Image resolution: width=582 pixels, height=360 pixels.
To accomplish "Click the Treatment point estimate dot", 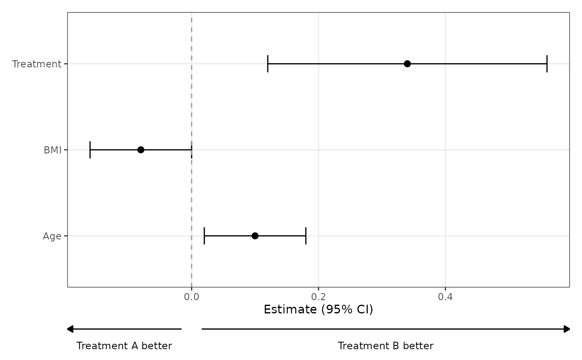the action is [x=407, y=64].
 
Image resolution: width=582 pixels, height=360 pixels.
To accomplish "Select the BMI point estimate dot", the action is [x=141, y=150].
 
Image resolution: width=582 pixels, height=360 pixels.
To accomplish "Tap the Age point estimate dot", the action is [x=255, y=236].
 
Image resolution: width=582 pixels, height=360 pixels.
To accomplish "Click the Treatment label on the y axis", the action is [x=37, y=64].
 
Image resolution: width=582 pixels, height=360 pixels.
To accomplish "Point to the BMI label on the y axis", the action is [x=52, y=150].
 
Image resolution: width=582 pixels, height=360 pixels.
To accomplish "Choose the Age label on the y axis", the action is [x=52, y=237].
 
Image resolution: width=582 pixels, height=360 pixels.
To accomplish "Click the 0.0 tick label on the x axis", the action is [x=192, y=297].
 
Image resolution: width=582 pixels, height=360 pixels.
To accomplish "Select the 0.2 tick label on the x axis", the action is [x=318, y=297].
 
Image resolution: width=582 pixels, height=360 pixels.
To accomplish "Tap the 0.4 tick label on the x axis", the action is [x=445, y=297].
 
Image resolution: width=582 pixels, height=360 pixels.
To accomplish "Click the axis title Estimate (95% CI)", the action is [x=318, y=310].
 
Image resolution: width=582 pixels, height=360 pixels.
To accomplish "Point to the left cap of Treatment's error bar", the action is [x=268, y=64].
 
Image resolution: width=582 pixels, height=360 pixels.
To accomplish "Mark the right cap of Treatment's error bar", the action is [x=547, y=64].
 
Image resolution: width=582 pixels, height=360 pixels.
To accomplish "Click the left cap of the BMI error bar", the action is [x=90, y=150].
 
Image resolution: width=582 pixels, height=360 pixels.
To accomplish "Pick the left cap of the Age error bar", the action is [x=204, y=236].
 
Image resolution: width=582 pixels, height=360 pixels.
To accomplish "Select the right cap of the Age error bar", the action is [x=306, y=236].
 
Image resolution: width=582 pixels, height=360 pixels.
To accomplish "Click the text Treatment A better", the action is [x=124, y=346].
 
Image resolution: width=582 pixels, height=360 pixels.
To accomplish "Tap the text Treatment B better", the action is [x=386, y=346].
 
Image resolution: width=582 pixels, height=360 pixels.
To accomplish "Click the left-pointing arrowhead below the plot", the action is [x=70, y=329].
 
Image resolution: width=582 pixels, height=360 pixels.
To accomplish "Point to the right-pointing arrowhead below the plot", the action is [x=567, y=329].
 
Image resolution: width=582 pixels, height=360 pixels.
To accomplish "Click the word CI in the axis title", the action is [x=363, y=310].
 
